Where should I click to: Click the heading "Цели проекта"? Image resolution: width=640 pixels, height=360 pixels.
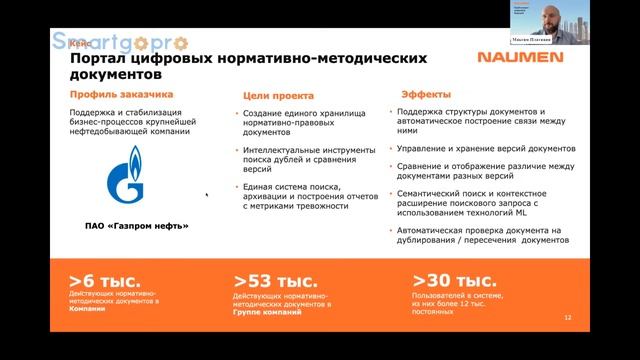tap(278, 96)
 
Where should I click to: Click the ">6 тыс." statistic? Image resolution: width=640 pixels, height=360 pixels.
tap(105, 281)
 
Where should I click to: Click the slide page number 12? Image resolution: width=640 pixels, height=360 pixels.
tap(568, 318)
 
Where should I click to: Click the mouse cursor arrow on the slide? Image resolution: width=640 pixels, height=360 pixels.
tap(208, 195)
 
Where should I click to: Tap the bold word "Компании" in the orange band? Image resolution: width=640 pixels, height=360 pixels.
tap(87, 310)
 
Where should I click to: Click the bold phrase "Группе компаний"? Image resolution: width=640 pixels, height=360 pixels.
tap(267, 312)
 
